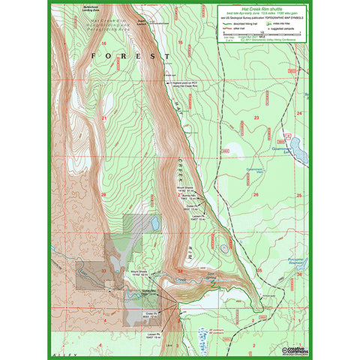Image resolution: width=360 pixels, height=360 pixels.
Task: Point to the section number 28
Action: point(104,194)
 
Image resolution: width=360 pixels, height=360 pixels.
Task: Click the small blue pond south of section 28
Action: point(154,223)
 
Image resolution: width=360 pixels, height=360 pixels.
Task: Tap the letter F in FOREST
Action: point(94,56)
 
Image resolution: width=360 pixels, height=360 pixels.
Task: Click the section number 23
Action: point(256,118)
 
